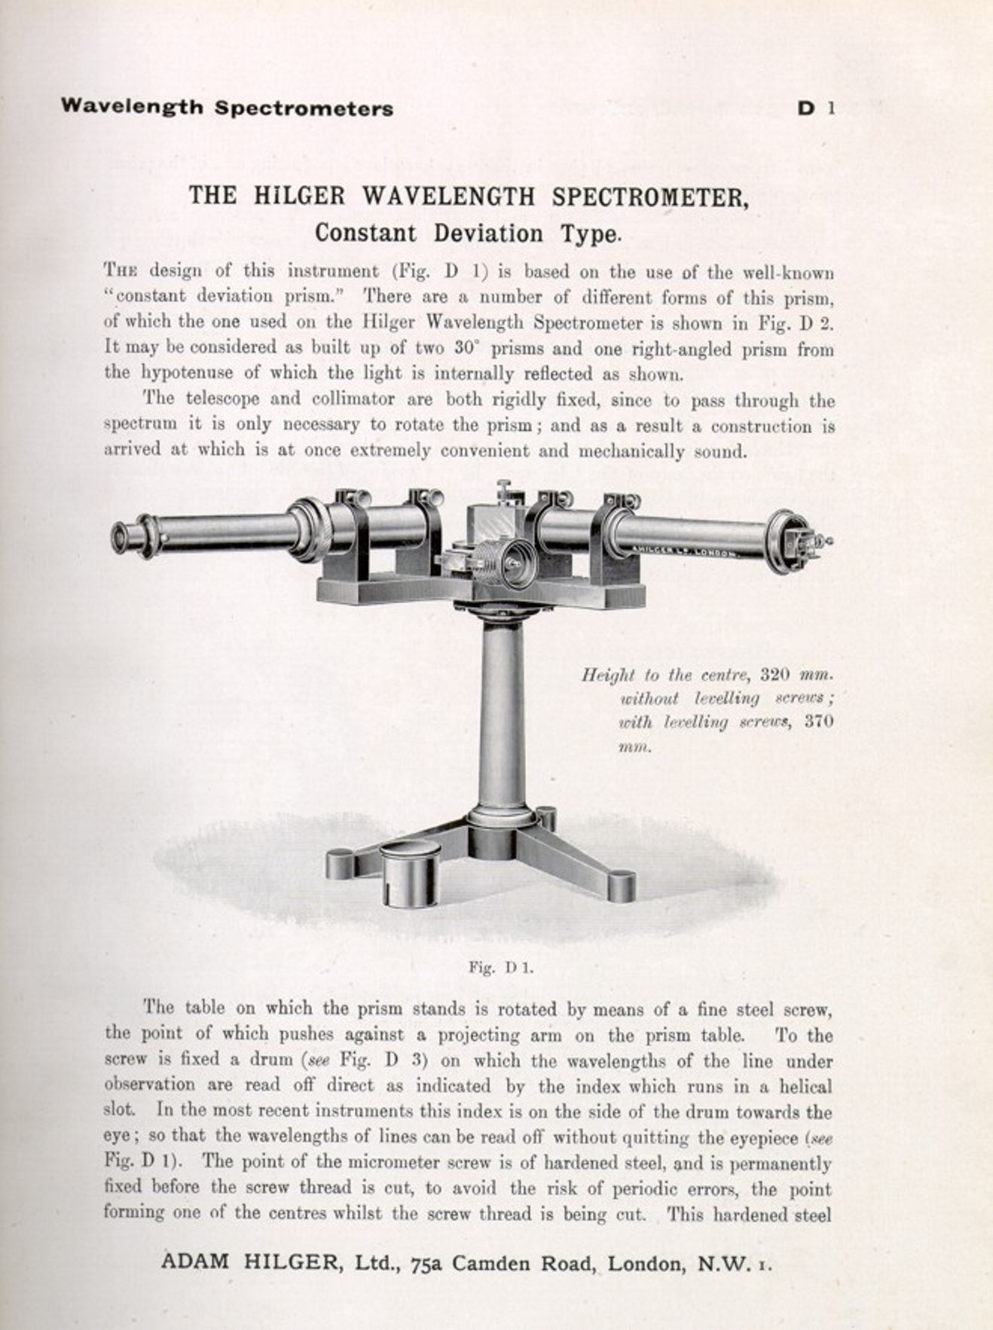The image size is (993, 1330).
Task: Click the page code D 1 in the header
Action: [815, 108]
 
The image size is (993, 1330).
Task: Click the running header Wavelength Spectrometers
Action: [227, 108]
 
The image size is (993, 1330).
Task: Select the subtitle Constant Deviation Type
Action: [468, 233]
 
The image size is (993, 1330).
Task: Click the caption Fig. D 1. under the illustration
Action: [500, 968]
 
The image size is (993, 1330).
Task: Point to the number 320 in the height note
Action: [776, 674]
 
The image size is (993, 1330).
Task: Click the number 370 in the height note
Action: [818, 721]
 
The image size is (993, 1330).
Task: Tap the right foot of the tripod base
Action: [621, 886]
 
